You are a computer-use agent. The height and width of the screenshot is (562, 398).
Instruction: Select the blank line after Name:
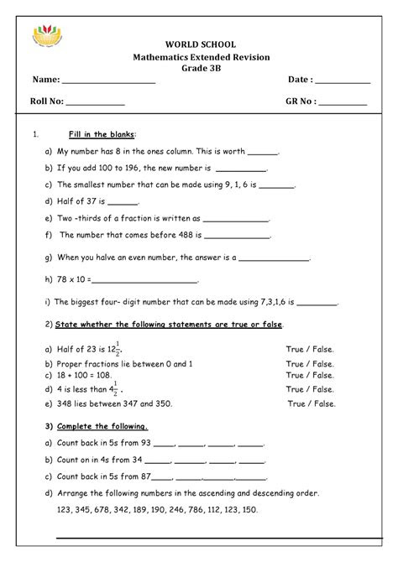coord(109,82)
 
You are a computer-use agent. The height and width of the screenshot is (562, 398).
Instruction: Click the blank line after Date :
coord(343,82)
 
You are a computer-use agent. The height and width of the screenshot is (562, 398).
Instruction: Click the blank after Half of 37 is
coord(124,202)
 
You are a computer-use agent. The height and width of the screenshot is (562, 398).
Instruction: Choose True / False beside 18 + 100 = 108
coord(309,377)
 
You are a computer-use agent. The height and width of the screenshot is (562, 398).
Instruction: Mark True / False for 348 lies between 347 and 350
coord(311,403)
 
